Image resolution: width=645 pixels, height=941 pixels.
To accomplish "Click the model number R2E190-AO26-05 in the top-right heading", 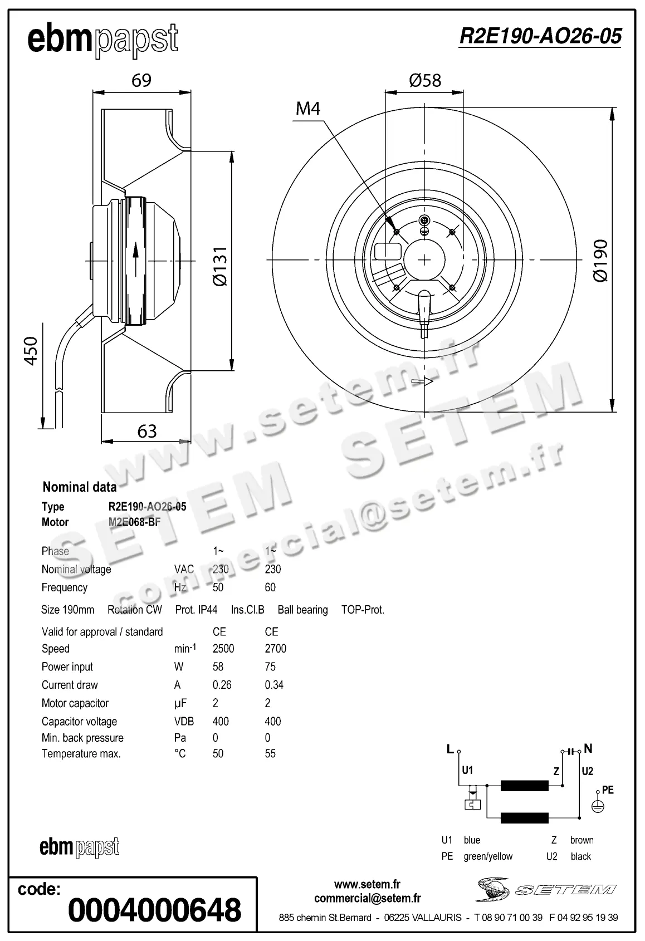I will click(540, 36).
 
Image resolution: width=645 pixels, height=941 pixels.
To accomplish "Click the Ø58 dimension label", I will click(424, 80).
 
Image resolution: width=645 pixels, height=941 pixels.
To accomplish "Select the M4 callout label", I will click(308, 108).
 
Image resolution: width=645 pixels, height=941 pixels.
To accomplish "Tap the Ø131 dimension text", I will click(221, 266).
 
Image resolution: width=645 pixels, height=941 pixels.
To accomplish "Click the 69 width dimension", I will click(141, 80).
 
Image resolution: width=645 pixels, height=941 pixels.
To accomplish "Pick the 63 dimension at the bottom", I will click(146, 431).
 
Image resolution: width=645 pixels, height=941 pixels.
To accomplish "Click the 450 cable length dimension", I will click(31, 350).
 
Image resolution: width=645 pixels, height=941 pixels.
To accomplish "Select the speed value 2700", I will click(275, 649).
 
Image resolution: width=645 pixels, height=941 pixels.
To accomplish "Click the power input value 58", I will click(218, 666).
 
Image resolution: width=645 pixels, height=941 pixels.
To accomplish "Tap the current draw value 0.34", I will click(274, 685).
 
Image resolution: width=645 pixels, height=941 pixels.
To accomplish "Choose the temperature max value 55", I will click(270, 753).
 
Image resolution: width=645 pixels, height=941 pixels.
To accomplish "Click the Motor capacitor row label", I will click(75, 703).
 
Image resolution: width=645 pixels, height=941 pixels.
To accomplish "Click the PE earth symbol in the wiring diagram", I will click(598, 805).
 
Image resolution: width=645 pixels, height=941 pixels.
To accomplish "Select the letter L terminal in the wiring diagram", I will click(450, 749).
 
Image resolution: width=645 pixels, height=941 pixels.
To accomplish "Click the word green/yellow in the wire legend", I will click(488, 856).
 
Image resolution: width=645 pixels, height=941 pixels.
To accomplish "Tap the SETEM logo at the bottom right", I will click(546, 889).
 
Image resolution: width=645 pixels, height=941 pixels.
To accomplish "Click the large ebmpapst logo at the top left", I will click(103, 40).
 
